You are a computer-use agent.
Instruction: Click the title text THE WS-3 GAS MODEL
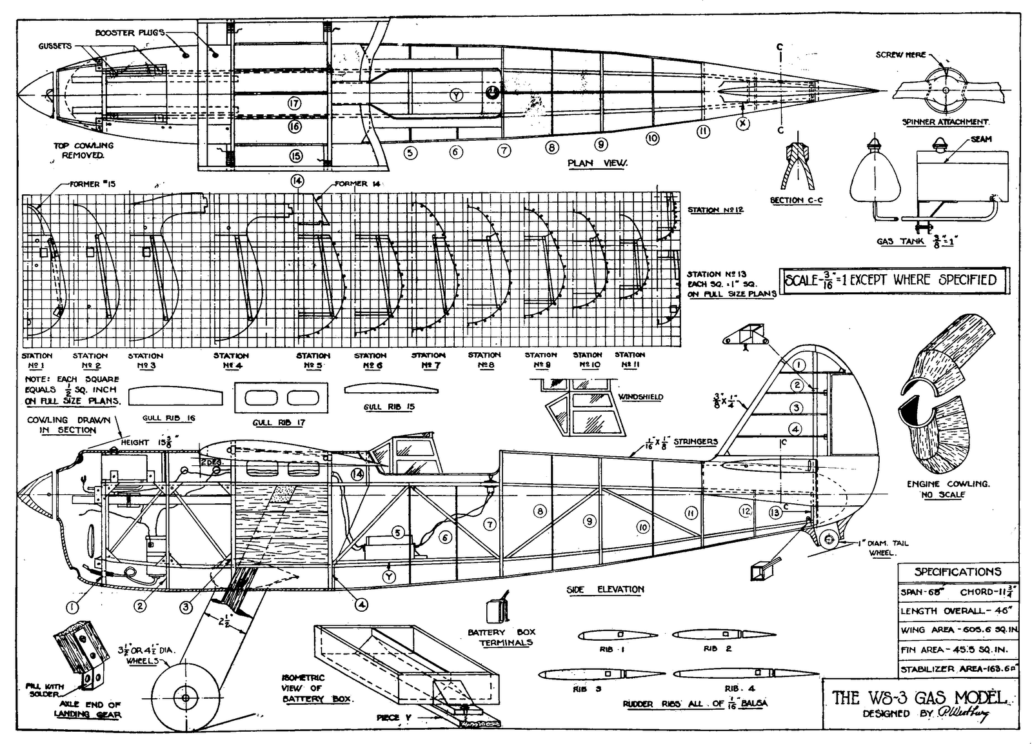(x=918, y=697)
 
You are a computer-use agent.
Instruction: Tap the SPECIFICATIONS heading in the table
(x=957, y=572)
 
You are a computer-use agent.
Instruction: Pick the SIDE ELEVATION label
(x=605, y=589)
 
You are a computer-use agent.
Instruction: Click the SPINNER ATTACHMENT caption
(x=945, y=122)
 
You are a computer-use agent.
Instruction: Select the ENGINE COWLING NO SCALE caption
(x=948, y=488)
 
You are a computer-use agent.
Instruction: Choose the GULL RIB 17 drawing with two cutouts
(x=281, y=398)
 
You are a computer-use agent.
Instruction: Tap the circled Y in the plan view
(x=456, y=96)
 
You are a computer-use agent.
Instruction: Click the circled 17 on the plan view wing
(x=295, y=103)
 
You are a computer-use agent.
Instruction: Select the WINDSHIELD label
(x=640, y=397)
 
